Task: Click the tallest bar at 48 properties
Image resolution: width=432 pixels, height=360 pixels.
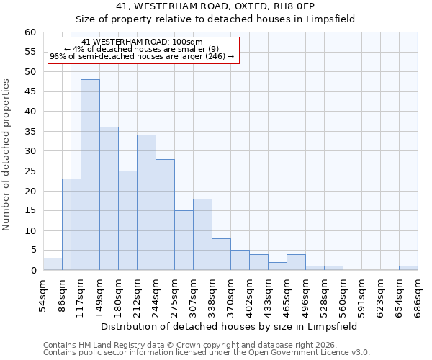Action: coord(90,175)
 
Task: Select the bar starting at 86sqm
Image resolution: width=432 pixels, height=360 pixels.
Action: coord(71,225)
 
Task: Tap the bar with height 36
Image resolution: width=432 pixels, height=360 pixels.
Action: coord(109,199)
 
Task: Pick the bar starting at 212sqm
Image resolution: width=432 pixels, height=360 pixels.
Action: coord(146,202)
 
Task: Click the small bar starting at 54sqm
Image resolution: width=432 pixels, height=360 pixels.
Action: coord(53,264)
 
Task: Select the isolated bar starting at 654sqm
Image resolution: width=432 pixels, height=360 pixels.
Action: coord(408,268)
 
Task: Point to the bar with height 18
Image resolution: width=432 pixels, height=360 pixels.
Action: coord(202,235)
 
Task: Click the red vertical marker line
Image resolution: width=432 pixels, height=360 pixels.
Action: coord(71,144)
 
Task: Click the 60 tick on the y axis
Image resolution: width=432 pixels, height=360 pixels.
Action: coord(30,32)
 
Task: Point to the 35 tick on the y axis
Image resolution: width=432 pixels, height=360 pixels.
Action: coord(30,132)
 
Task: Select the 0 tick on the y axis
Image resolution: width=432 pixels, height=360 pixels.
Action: coord(33,271)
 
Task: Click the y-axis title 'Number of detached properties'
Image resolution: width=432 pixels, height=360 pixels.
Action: coord(6,155)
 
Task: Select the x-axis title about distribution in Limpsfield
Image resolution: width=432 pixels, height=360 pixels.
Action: coord(229,326)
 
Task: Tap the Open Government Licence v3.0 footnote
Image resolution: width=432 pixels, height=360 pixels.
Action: coord(206,353)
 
